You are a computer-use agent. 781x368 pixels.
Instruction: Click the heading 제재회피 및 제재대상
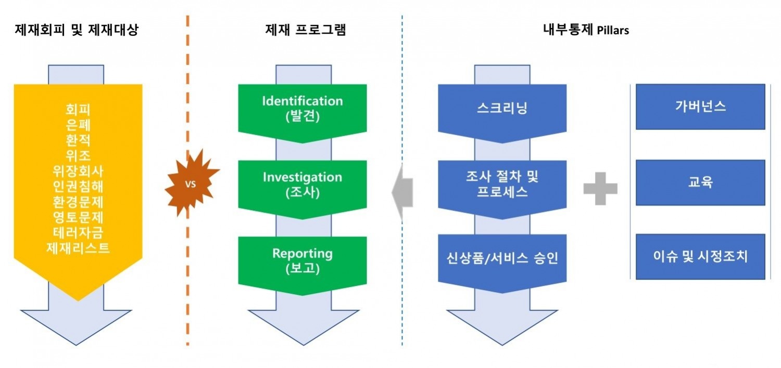(x=77, y=30)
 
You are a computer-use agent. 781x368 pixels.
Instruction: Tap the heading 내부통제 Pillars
(x=586, y=30)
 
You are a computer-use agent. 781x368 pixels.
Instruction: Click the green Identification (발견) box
(x=303, y=109)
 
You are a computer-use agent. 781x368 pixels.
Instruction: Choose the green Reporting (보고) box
(x=303, y=261)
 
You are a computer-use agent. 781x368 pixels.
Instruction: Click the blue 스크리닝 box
(x=502, y=108)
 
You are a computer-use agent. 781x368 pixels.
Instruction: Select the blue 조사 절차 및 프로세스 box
(x=502, y=185)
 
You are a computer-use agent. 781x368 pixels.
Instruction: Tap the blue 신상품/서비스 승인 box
(x=502, y=258)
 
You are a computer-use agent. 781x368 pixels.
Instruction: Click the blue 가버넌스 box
(x=700, y=107)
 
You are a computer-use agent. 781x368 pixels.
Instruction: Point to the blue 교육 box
(x=700, y=182)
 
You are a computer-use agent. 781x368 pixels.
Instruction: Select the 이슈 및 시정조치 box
(x=700, y=257)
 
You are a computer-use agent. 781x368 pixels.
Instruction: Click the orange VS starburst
(x=191, y=184)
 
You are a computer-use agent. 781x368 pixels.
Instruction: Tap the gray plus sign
(x=600, y=188)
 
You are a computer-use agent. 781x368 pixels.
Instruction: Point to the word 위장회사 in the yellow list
(x=78, y=171)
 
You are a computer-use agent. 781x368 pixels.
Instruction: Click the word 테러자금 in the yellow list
(x=78, y=232)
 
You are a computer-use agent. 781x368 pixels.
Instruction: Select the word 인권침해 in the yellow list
(x=78, y=186)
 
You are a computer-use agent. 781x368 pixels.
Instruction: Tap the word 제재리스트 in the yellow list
(x=78, y=248)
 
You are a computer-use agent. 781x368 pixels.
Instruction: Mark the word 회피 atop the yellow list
(x=78, y=110)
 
